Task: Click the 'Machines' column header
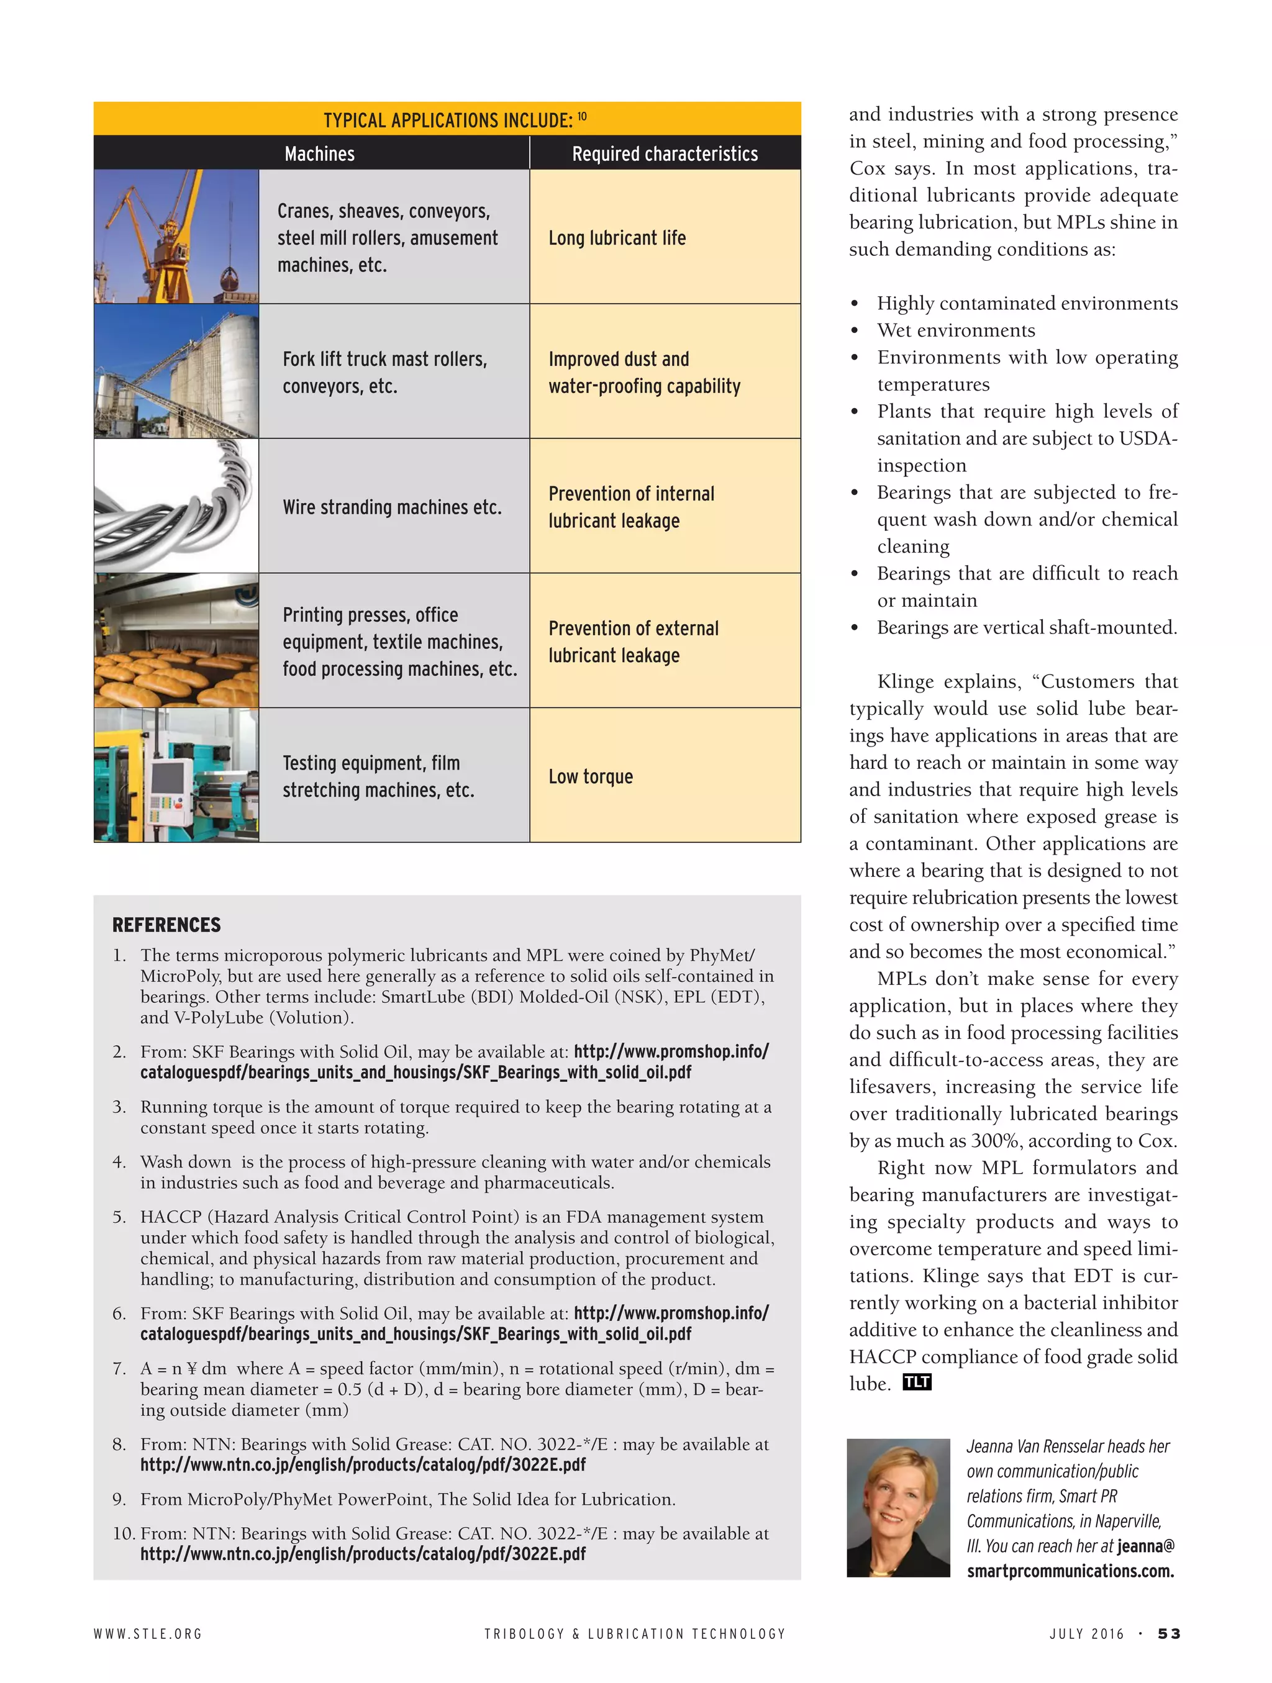pos(319,153)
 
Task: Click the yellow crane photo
pos(176,237)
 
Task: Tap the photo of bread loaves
pos(176,641)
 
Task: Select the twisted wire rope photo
pos(176,506)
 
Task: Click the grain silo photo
pos(176,371)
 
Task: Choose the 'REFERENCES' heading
pos(166,925)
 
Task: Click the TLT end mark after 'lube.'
pos(917,1382)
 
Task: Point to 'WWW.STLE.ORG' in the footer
pos(148,1633)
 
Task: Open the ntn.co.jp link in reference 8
pos(363,1464)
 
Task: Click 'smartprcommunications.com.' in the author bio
pos(1070,1571)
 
